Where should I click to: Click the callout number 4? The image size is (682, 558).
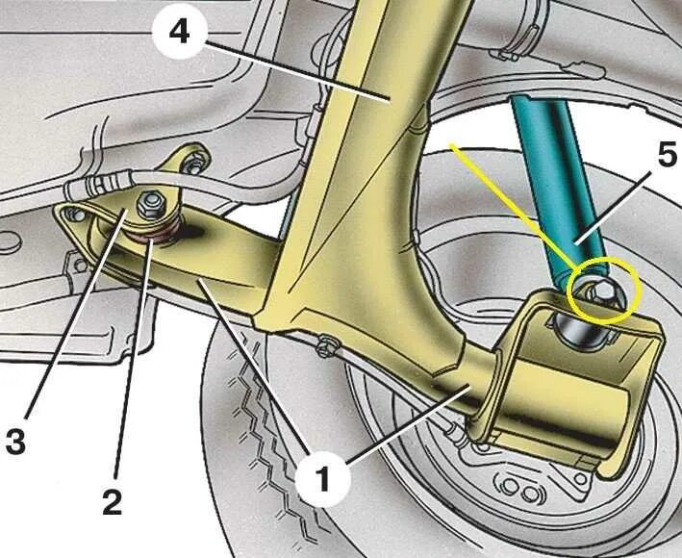coord(180,33)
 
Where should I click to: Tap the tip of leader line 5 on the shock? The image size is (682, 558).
coord(575,244)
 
